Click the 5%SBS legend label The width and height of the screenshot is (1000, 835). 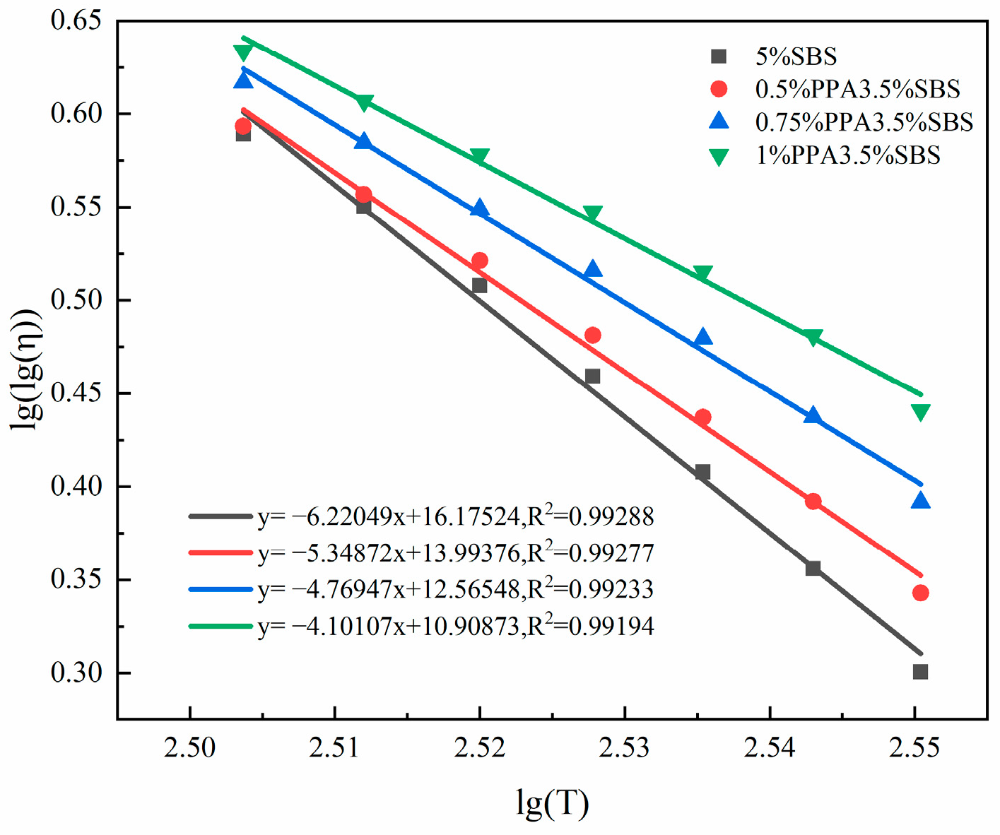point(796,57)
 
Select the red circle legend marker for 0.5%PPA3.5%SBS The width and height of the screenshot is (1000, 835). point(719,89)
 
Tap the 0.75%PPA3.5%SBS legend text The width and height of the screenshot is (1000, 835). point(864,122)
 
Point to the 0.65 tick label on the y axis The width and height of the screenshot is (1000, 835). point(76,21)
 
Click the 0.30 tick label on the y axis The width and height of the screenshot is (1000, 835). point(76,673)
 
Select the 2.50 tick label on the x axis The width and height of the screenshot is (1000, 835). point(189,747)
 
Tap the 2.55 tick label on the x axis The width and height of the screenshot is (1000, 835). point(914,747)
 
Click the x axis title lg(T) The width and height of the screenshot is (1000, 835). point(552,803)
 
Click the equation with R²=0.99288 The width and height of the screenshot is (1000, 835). point(456,516)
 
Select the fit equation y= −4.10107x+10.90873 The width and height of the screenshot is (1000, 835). point(456,626)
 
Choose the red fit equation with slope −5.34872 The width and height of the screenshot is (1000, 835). point(456,553)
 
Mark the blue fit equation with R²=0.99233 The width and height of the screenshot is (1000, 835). point(456,589)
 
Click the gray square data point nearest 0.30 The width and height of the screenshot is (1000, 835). point(920,672)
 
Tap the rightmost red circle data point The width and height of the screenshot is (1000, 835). point(920,593)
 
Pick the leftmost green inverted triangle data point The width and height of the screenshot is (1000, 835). point(242,52)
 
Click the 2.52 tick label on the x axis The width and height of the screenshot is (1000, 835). point(479,747)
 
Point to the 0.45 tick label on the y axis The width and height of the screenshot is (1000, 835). point(76,393)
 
